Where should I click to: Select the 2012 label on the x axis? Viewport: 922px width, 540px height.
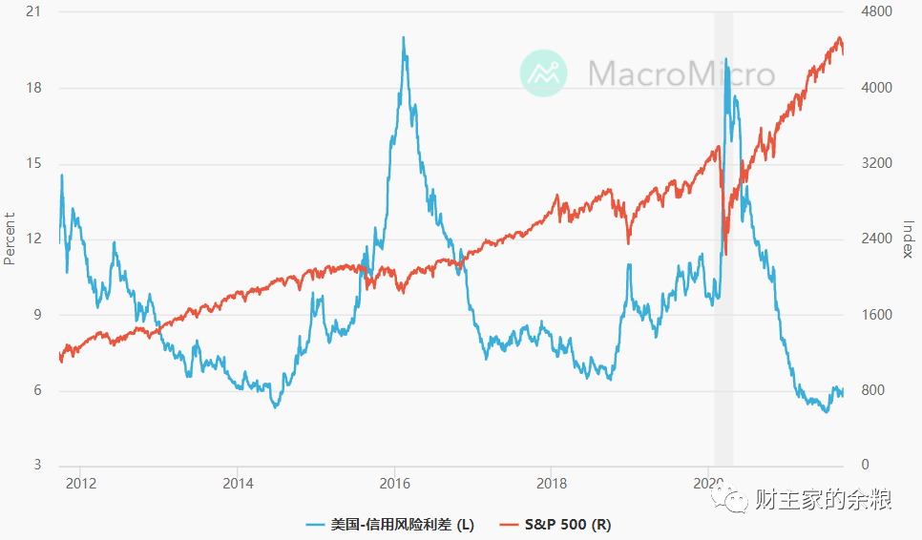click(81, 483)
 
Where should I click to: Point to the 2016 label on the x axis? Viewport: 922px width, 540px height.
click(394, 483)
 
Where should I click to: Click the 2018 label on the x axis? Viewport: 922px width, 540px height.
click(551, 483)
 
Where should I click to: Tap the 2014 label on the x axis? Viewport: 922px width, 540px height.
click(238, 483)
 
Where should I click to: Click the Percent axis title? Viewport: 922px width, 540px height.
click(10, 238)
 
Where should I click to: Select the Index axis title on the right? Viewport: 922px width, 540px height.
click(908, 239)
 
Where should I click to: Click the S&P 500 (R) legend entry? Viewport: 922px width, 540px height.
click(558, 524)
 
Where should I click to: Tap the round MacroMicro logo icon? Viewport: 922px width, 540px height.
click(543, 73)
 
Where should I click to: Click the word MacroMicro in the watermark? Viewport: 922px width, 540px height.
click(681, 73)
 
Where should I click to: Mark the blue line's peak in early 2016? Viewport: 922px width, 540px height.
click(404, 38)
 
